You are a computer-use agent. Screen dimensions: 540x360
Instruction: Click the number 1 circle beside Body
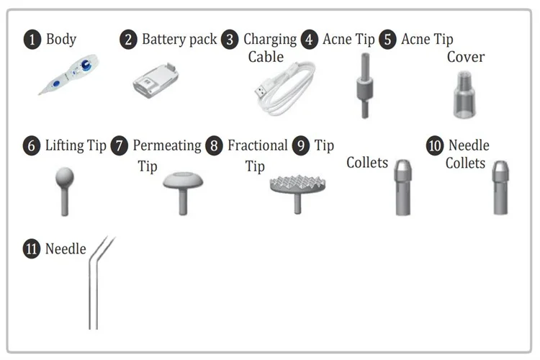tap(32, 40)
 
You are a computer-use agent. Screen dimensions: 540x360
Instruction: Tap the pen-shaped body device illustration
tap(69, 73)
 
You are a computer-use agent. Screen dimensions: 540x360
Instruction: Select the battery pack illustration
tap(156, 80)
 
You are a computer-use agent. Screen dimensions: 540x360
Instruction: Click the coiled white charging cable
tap(285, 89)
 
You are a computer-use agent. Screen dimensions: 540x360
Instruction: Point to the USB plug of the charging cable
tap(261, 91)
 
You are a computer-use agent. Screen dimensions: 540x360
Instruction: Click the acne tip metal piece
tap(365, 86)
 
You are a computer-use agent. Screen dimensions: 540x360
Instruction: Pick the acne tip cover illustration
tap(464, 95)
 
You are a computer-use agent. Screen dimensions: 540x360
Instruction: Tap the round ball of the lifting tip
tap(65, 176)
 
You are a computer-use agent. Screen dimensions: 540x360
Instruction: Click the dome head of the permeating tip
tap(183, 180)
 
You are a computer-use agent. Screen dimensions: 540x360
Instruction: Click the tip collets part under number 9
tap(403, 187)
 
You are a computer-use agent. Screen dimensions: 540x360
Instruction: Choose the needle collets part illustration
tap(500, 188)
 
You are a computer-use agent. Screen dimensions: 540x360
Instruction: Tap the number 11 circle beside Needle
tap(32, 249)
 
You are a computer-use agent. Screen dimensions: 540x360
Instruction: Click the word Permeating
tap(167, 146)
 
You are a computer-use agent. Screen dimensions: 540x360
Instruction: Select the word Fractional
tap(258, 145)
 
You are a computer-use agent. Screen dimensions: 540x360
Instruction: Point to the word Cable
tap(266, 57)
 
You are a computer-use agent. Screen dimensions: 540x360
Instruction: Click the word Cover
tap(466, 57)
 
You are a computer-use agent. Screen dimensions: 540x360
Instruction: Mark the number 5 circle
tap(388, 40)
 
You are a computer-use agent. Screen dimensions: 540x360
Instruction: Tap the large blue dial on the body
tap(86, 65)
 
